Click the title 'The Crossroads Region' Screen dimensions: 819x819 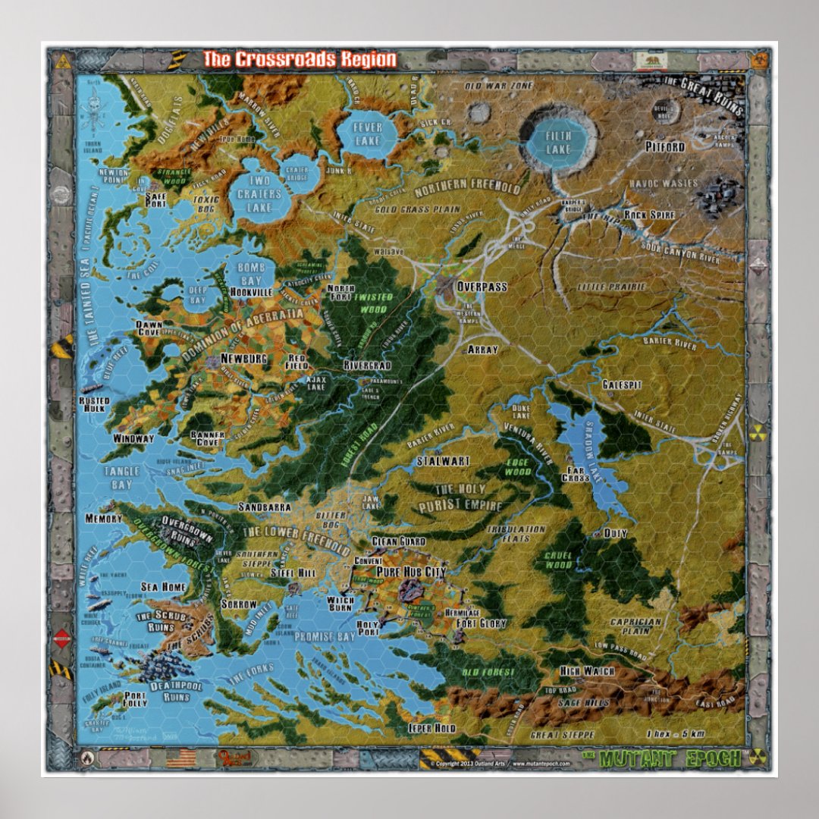pyautogui.click(x=299, y=59)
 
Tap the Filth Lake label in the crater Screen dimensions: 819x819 pyautogui.click(x=559, y=142)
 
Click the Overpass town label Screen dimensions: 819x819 pyautogui.click(x=481, y=288)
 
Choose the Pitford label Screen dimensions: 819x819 pyautogui.click(x=665, y=146)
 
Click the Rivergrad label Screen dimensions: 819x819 pyautogui.click(x=366, y=365)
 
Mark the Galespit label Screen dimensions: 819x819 pyautogui.click(x=622, y=385)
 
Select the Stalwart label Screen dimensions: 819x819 pyautogui.click(x=444, y=461)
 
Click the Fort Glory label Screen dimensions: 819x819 pyautogui.click(x=481, y=623)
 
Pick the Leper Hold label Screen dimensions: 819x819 pyautogui.click(x=431, y=728)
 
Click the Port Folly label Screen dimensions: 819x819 pyautogui.click(x=135, y=699)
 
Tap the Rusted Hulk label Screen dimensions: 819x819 pyautogui.click(x=94, y=405)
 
